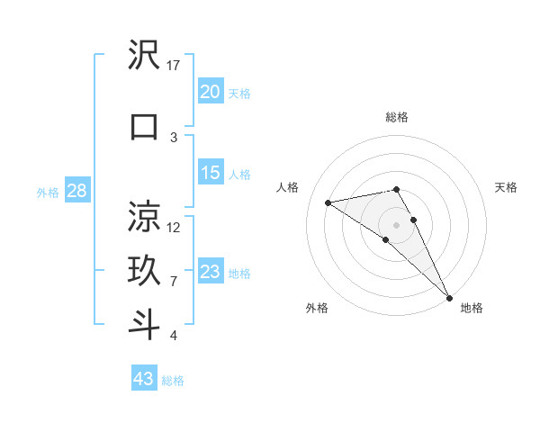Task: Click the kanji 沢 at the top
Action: tap(145, 57)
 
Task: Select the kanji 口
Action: tap(145, 126)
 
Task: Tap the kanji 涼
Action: tap(145, 217)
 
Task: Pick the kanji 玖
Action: tap(145, 270)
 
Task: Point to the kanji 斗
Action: tap(145, 324)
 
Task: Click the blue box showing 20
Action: tap(211, 92)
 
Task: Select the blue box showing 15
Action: tap(211, 173)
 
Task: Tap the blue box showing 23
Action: tap(211, 272)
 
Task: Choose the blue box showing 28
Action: tap(76, 192)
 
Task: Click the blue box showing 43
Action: tap(144, 379)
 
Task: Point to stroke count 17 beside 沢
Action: tap(174, 66)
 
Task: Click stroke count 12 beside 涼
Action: tap(174, 227)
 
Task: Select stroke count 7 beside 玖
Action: tap(174, 281)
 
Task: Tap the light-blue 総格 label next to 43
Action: tap(173, 381)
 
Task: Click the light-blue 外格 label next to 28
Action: tap(48, 193)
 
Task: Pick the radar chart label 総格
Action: tap(396, 117)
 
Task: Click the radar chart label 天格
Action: tap(506, 187)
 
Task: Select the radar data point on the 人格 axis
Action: tap(328, 202)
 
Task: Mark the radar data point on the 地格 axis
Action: tap(449, 297)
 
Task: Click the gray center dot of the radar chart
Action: tap(396, 224)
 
